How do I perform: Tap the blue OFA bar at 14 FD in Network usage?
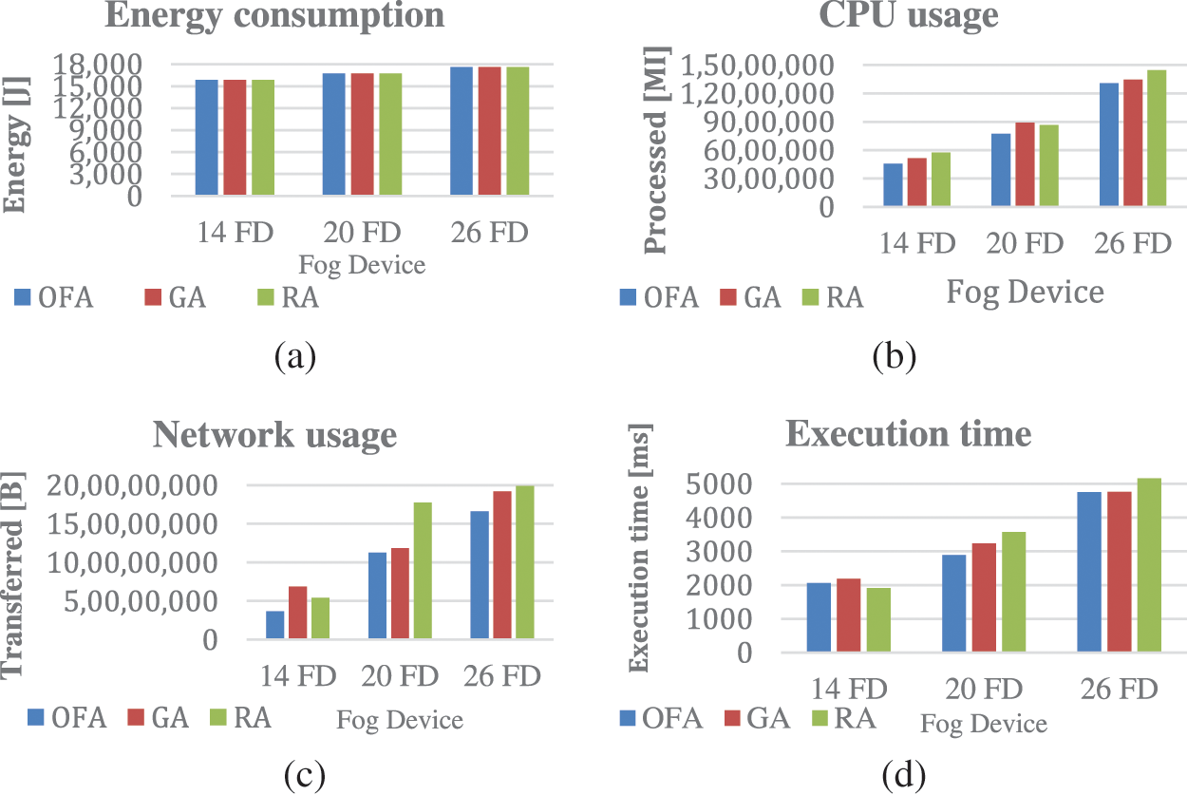pos(274,625)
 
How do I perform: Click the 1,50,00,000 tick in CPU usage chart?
pos(755,66)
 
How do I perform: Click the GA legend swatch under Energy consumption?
pos(157,297)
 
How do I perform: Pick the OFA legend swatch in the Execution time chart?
pos(630,718)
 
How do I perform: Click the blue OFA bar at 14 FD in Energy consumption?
pos(206,138)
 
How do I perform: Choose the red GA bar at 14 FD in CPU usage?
pos(916,181)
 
